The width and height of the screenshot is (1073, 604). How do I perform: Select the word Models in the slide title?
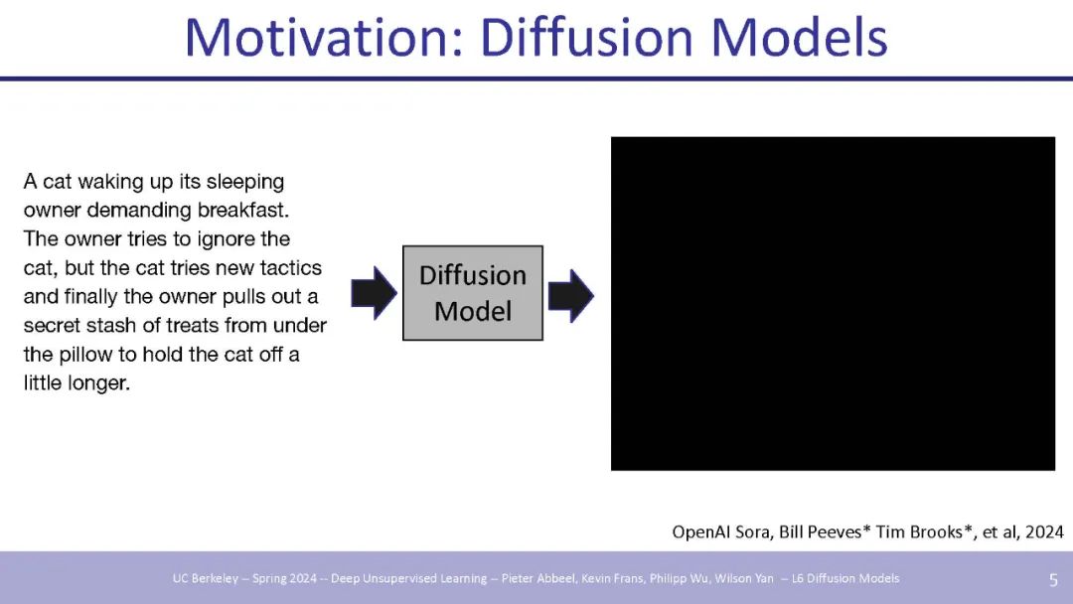point(799,37)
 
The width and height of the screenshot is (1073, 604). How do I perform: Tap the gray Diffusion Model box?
point(473,293)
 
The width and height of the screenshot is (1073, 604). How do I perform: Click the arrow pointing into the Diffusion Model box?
point(374,293)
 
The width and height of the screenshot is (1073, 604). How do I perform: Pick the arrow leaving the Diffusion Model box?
point(570,295)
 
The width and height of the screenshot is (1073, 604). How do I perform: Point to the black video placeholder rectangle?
point(833,303)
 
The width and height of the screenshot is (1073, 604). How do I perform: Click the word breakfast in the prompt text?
point(243,210)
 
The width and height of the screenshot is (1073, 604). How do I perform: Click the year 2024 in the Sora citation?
point(1045,532)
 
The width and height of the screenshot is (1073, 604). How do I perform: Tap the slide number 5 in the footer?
point(1053,580)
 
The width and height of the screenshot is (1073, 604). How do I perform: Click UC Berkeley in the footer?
point(206,579)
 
